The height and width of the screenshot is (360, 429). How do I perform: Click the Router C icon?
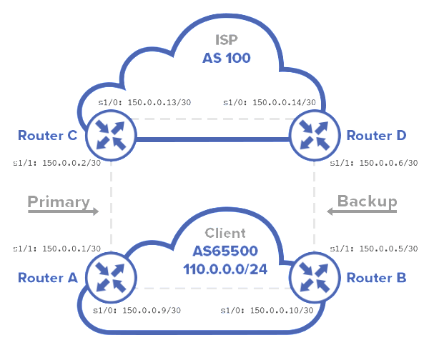(110, 134)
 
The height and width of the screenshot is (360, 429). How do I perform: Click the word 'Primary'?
(58, 201)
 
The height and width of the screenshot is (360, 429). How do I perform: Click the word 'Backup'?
(368, 201)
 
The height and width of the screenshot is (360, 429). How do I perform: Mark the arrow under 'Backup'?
(361, 211)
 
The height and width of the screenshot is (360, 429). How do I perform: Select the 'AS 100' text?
(225, 58)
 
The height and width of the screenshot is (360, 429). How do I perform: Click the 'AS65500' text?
(225, 251)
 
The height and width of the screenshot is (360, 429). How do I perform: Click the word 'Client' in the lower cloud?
(225, 233)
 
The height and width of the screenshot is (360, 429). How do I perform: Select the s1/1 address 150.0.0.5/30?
(383, 249)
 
